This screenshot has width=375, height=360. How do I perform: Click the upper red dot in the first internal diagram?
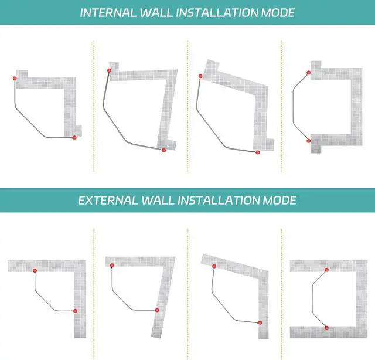(x=15, y=78)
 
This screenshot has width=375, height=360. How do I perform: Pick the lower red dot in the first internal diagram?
(x=74, y=137)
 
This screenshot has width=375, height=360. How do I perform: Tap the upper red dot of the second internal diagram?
(x=109, y=71)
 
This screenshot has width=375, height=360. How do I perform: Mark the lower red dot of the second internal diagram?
(x=163, y=151)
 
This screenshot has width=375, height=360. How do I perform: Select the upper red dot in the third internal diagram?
(x=200, y=76)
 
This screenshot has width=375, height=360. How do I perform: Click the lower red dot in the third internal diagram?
(x=257, y=153)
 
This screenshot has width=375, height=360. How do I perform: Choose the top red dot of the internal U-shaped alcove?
(x=309, y=73)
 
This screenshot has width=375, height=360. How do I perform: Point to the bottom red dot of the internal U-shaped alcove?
(x=309, y=141)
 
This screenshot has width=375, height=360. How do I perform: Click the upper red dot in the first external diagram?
(x=35, y=270)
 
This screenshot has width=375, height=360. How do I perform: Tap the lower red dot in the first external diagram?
(x=75, y=311)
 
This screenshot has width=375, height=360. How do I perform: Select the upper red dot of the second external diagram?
(x=111, y=266)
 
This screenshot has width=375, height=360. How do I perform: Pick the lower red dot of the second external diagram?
(x=157, y=310)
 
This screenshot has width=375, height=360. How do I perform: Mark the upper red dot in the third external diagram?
(x=214, y=266)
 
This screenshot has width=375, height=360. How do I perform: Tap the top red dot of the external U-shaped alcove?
(x=327, y=270)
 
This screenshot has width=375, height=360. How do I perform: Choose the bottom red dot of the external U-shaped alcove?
(x=327, y=327)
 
